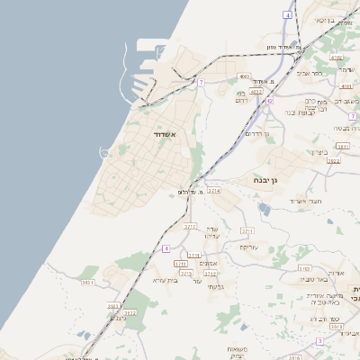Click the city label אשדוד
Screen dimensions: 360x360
click(159, 135)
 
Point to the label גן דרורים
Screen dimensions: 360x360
click(263, 134)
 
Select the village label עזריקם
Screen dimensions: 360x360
click(249, 247)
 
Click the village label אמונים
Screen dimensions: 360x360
click(208, 263)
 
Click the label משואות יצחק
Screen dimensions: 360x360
click(238, 352)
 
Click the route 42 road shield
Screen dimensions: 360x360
click(269, 101)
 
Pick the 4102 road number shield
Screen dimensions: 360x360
click(336, 58)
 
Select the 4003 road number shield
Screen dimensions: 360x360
click(244, 76)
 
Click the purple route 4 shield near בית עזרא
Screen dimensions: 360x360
click(166, 247)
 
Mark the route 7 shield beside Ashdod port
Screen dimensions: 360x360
click(202, 82)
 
